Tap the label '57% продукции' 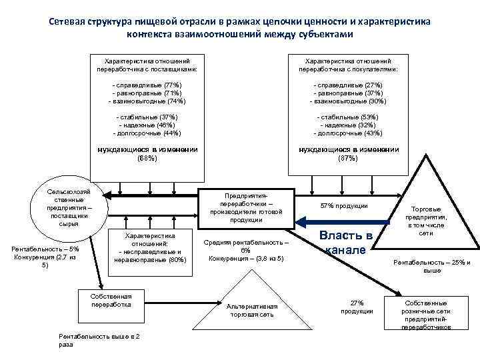click(344, 205)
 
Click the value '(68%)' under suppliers click(147, 159)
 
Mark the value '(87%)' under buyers click(348, 159)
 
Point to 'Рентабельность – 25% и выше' click(431, 265)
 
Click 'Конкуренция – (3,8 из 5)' click(246, 258)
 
